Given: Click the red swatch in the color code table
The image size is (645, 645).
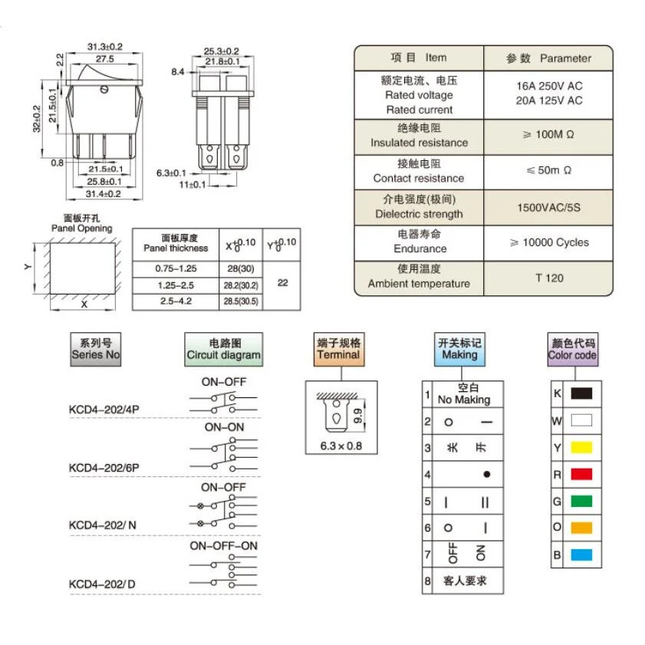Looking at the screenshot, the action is [581, 474].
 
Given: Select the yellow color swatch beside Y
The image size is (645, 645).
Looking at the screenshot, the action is [581, 447].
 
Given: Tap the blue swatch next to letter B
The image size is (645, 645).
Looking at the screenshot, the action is [581, 555].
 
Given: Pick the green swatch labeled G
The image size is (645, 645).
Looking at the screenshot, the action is [581, 501].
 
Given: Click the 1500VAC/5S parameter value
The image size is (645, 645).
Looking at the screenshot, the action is [548, 207].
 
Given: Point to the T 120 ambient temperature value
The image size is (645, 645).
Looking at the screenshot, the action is [549, 278].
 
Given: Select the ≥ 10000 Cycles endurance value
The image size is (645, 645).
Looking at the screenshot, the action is [549, 242].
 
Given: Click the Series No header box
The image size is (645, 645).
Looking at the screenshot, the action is [96, 349].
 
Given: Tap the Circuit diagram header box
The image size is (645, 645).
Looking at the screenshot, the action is [223, 349].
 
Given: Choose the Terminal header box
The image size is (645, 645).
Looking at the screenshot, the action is [338, 349].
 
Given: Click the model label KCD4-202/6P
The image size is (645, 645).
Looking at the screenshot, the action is [104, 468].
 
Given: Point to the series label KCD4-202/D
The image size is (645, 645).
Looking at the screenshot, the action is [102, 584].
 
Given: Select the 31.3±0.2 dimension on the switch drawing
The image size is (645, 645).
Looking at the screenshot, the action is [105, 47].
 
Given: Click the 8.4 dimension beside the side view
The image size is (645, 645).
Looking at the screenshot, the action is [178, 72].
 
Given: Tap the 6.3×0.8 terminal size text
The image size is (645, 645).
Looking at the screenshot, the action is [341, 446].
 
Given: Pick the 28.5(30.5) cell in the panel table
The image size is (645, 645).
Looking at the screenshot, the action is [241, 301].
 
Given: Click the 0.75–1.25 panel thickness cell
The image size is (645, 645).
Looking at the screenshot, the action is [176, 268].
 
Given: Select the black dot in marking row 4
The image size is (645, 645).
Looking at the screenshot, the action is [487, 474].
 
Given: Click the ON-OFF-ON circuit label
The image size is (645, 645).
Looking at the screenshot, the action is [223, 546].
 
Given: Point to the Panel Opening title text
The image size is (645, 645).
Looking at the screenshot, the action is [82, 229].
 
